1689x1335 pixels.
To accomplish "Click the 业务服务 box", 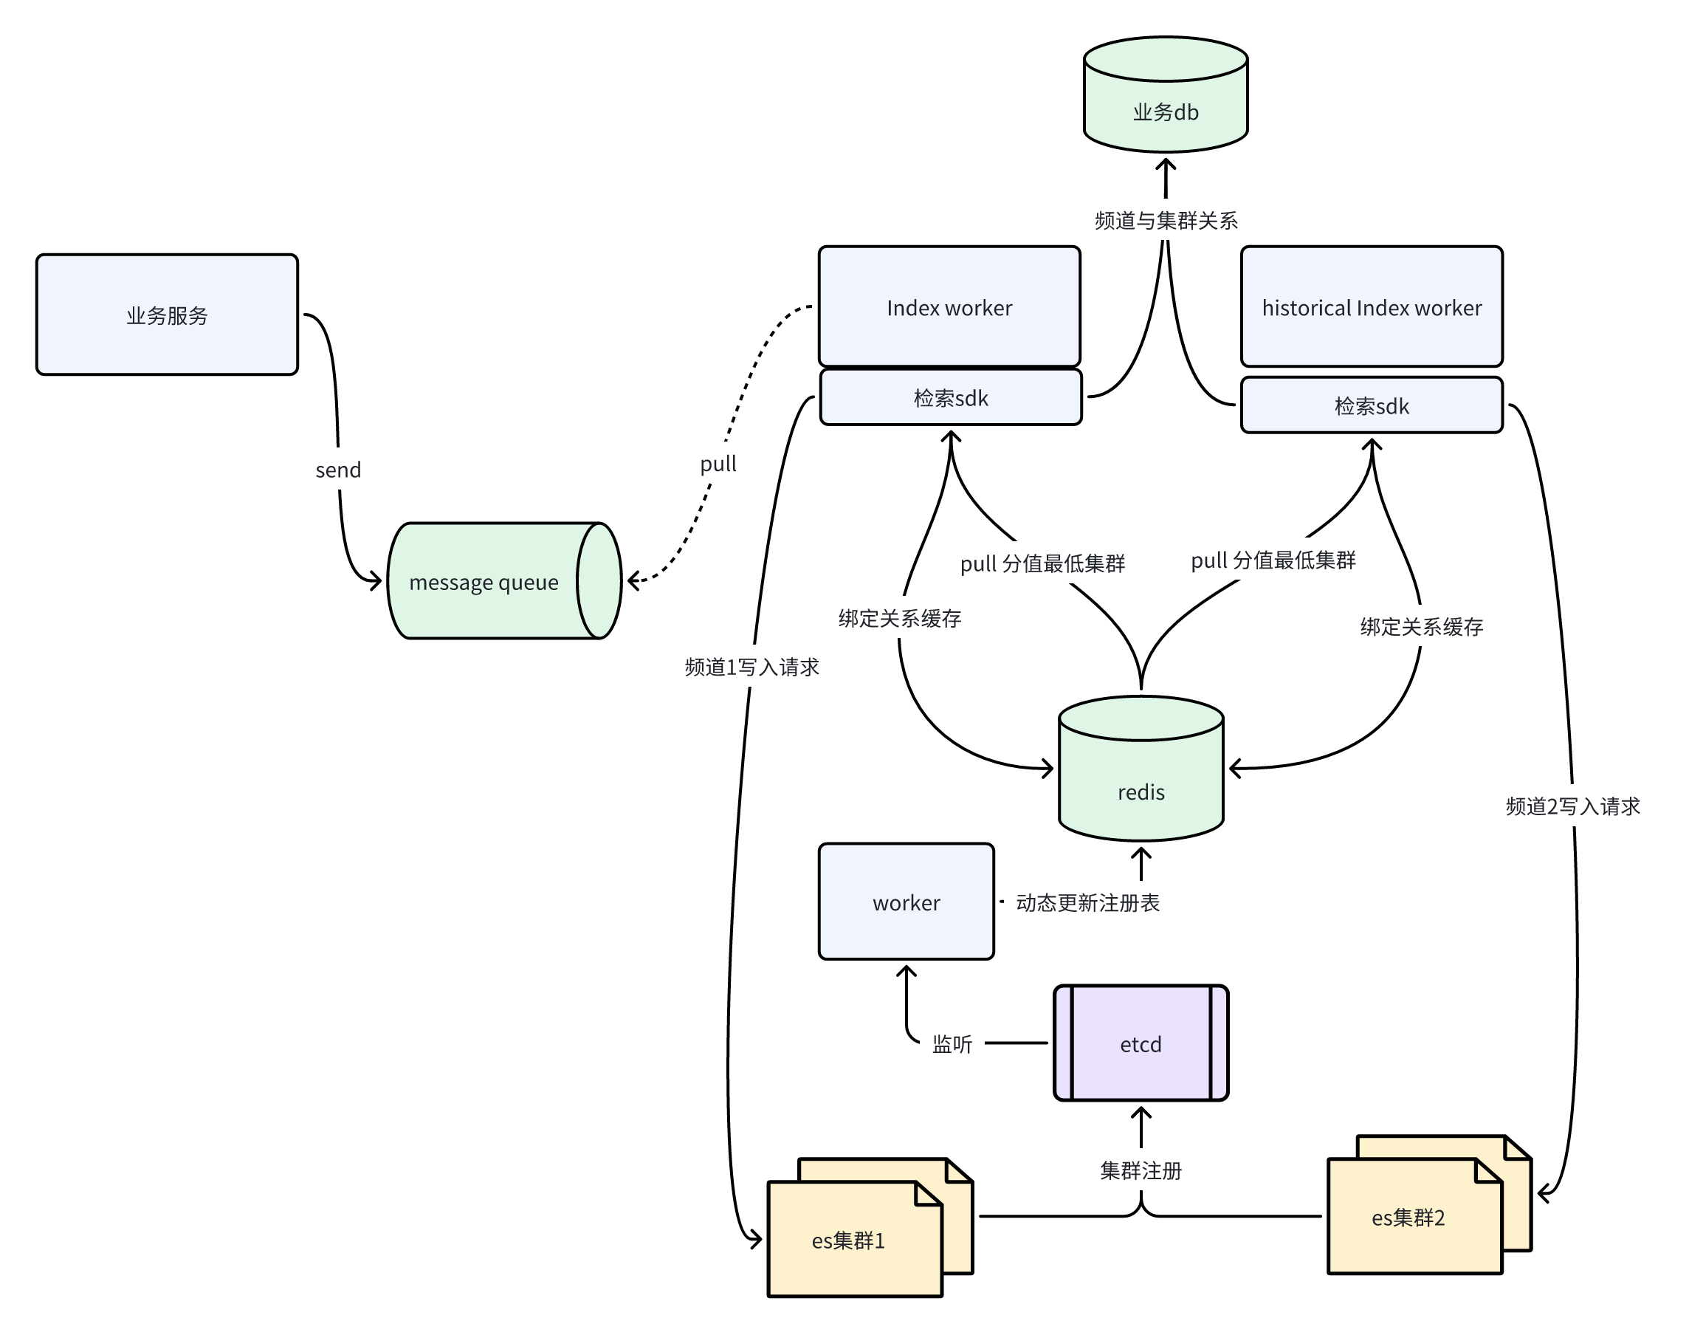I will [166, 315].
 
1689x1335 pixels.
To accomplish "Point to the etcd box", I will [1141, 1043].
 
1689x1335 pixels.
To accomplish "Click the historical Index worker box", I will [1371, 306].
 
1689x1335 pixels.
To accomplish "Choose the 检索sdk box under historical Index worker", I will [1371, 405].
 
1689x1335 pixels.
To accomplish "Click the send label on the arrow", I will [338, 470].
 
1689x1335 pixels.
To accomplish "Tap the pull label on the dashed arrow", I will [718, 464].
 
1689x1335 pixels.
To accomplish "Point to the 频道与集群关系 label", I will [1166, 222].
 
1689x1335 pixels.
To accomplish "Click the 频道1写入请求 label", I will [751, 667].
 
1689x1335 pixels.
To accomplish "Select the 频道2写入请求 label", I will [1572, 806].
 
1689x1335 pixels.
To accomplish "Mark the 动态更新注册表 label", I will [1087, 903].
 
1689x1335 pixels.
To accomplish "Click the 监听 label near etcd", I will [952, 1044].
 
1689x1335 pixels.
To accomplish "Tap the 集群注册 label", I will [1141, 1170].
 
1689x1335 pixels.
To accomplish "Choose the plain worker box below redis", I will [907, 902].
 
